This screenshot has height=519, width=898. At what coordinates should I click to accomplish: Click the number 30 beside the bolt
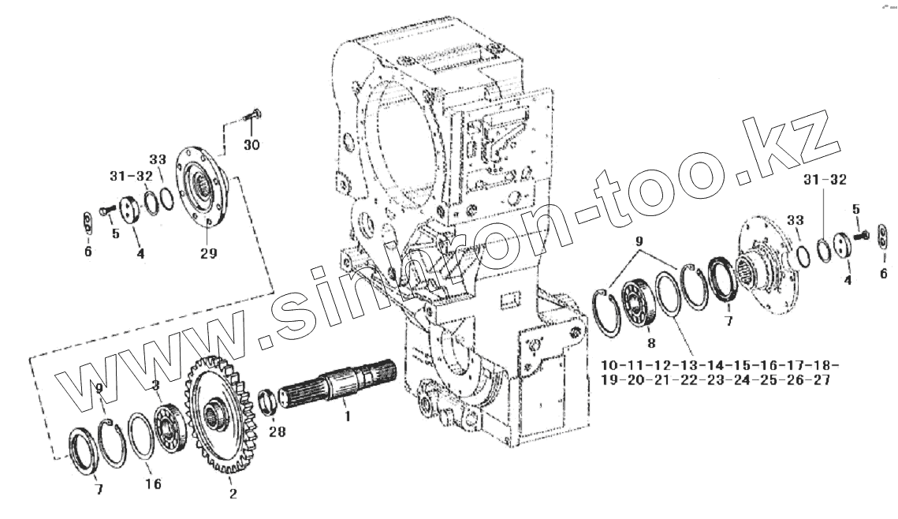pyautogui.click(x=251, y=145)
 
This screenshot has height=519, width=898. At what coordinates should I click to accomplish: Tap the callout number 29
pyautogui.click(x=208, y=253)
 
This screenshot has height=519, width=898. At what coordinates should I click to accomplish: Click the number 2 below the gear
pyautogui.click(x=233, y=495)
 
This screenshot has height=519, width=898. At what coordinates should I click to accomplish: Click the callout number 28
pyautogui.click(x=277, y=431)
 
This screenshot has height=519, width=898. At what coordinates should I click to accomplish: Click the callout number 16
pyautogui.click(x=154, y=483)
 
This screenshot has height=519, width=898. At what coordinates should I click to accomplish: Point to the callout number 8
pyautogui.click(x=651, y=343)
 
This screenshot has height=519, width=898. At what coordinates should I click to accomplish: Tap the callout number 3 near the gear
pyautogui.click(x=155, y=386)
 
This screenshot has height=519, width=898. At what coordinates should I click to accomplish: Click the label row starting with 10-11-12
pyautogui.click(x=718, y=366)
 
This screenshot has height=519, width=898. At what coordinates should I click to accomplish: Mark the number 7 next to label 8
pyautogui.click(x=728, y=320)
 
